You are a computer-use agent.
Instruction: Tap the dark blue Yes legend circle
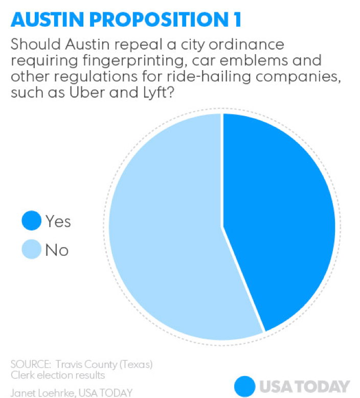pos(31,222)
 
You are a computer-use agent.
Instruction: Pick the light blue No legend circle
pos(31,250)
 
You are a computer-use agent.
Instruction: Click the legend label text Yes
pos(58,222)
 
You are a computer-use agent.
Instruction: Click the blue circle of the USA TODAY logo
pos(244,385)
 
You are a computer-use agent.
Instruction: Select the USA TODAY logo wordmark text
pos(304,386)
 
